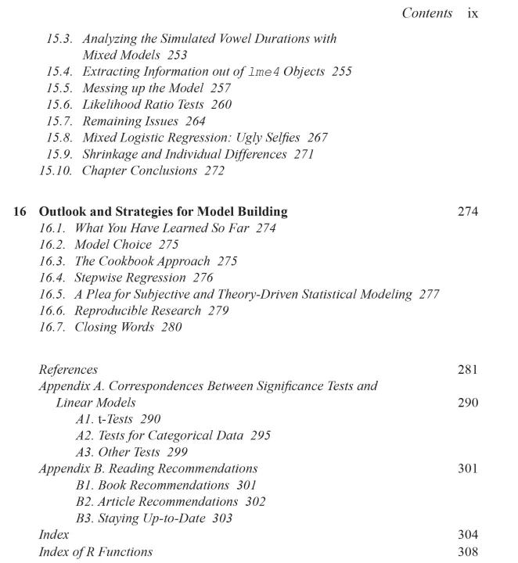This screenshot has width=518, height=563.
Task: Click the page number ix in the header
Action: click(x=472, y=13)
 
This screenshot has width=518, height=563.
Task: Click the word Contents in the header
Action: click(x=427, y=13)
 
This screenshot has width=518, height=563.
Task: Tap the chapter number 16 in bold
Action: click(x=22, y=211)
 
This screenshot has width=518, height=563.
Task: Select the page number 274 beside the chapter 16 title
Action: click(x=467, y=211)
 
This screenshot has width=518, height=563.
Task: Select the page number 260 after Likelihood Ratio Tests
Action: click(x=221, y=105)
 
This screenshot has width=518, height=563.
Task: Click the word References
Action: click(x=68, y=370)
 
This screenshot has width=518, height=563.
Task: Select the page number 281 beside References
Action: click(x=467, y=370)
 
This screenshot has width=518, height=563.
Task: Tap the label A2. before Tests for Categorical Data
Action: click(x=85, y=436)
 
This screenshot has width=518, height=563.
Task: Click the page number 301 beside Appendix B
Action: click(x=467, y=469)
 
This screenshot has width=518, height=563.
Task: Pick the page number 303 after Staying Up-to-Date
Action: click(x=222, y=518)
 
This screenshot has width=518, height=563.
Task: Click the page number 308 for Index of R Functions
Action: click(x=467, y=552)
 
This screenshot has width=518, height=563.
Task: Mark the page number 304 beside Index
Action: click(x=467, y=536)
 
